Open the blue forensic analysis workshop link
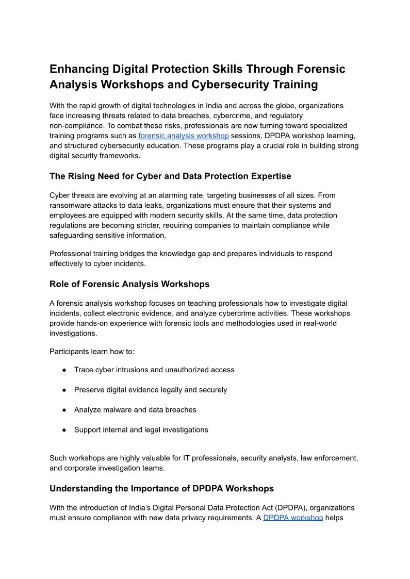184,136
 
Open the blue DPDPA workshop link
293,518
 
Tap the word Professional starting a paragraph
71,254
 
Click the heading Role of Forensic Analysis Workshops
129,284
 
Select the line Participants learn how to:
92,352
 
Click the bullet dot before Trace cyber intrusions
64,370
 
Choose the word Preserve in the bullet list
89,390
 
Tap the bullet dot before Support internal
64,430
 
